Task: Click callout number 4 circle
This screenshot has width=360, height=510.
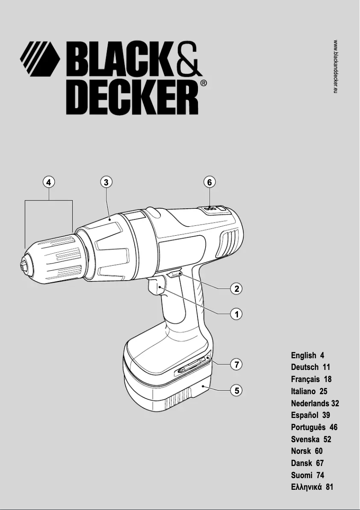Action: pos(49,182)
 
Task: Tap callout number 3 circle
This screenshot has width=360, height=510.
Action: pos(106,182)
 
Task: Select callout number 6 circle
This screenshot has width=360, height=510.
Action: pos(209,182)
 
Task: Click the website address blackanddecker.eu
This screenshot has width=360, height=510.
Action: pos(335,66)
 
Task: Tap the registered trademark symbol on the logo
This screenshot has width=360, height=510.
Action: pos(203,83)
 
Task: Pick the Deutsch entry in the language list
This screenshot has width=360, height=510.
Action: pos(305,367)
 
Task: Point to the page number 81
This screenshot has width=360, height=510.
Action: pos(329,487)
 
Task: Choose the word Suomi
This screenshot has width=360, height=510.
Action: pos(301,475)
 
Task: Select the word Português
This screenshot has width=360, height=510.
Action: pos(308,427)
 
